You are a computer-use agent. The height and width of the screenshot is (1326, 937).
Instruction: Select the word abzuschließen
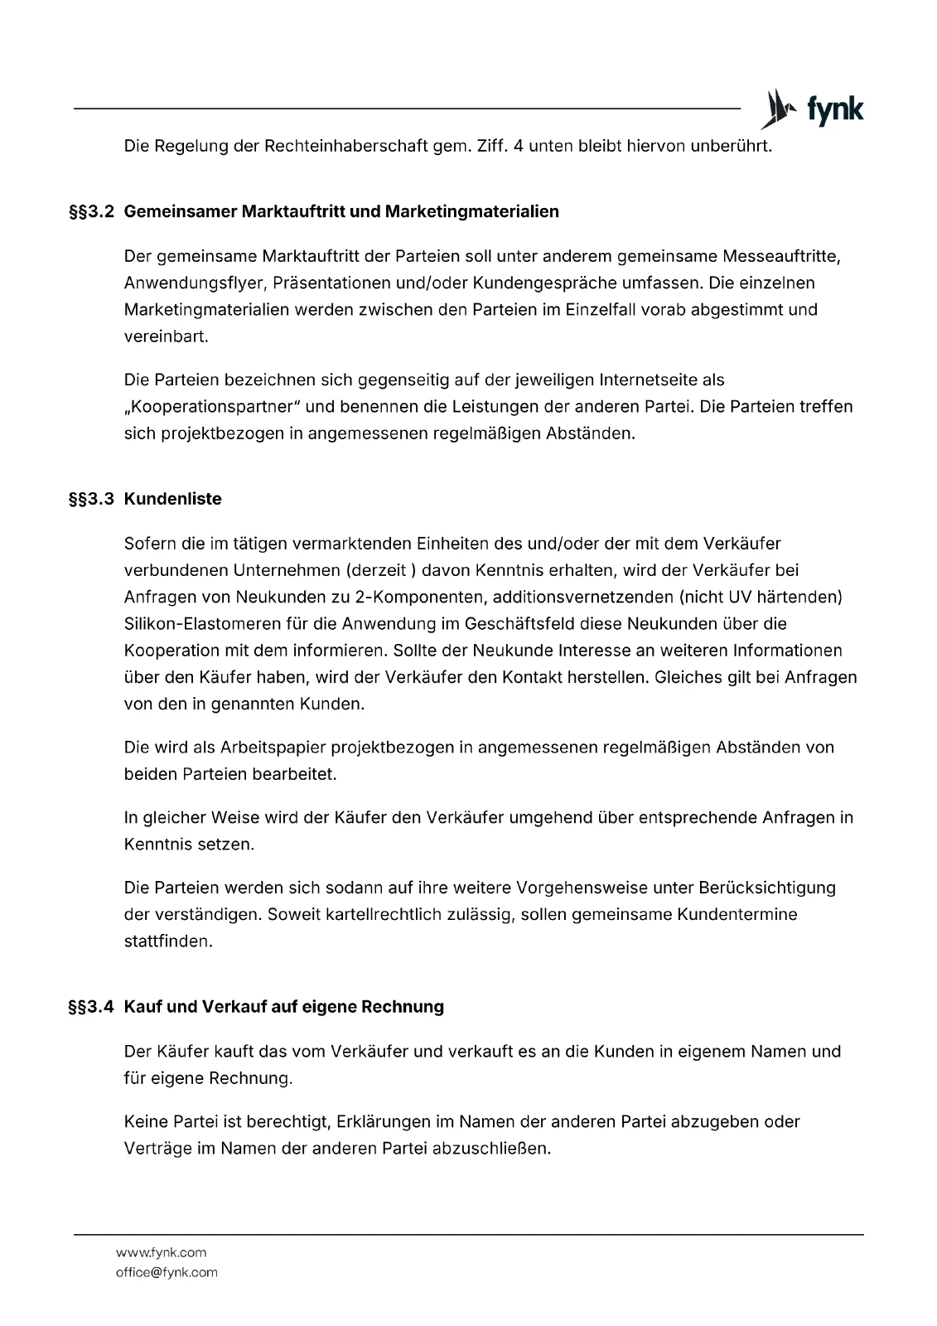(x=491, y=1149)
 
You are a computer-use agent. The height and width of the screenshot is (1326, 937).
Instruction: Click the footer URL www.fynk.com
(x=161, y=1252)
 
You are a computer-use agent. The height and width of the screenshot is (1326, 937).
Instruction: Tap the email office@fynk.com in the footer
(x=167, y=1272)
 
